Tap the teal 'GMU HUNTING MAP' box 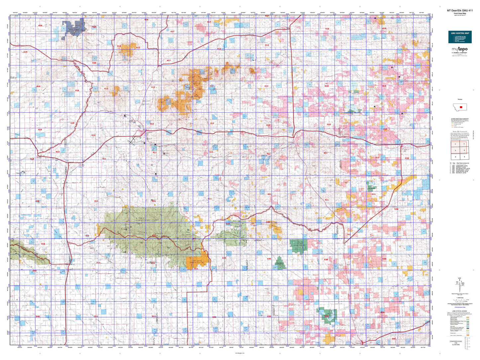[x=459, y=37]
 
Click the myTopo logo [x=459, y=50]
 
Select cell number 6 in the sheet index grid [x=464, y=157]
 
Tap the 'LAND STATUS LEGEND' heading [x=459, y=311]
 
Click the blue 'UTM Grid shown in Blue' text [x=460, y=307]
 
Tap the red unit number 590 [x=393, y=339]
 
